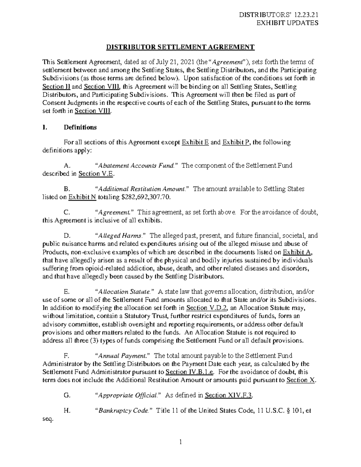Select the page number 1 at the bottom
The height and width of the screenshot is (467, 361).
[x=180, y=442]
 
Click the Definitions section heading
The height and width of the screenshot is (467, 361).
[x=80, y=127]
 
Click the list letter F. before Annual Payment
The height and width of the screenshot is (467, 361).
[x=67, y=356]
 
